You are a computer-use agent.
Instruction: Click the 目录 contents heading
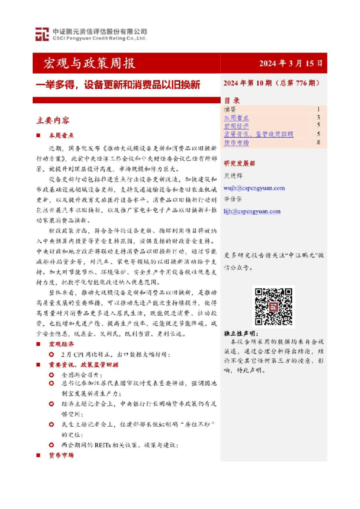coord(231,100)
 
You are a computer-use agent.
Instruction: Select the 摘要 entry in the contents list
coord(231,109)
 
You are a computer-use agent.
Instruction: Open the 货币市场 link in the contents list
coord(237,143)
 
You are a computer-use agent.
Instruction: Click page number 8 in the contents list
coord(318,143)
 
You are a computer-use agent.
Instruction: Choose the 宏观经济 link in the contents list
coord(237,126)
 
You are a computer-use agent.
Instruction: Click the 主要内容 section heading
coord(53,120)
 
